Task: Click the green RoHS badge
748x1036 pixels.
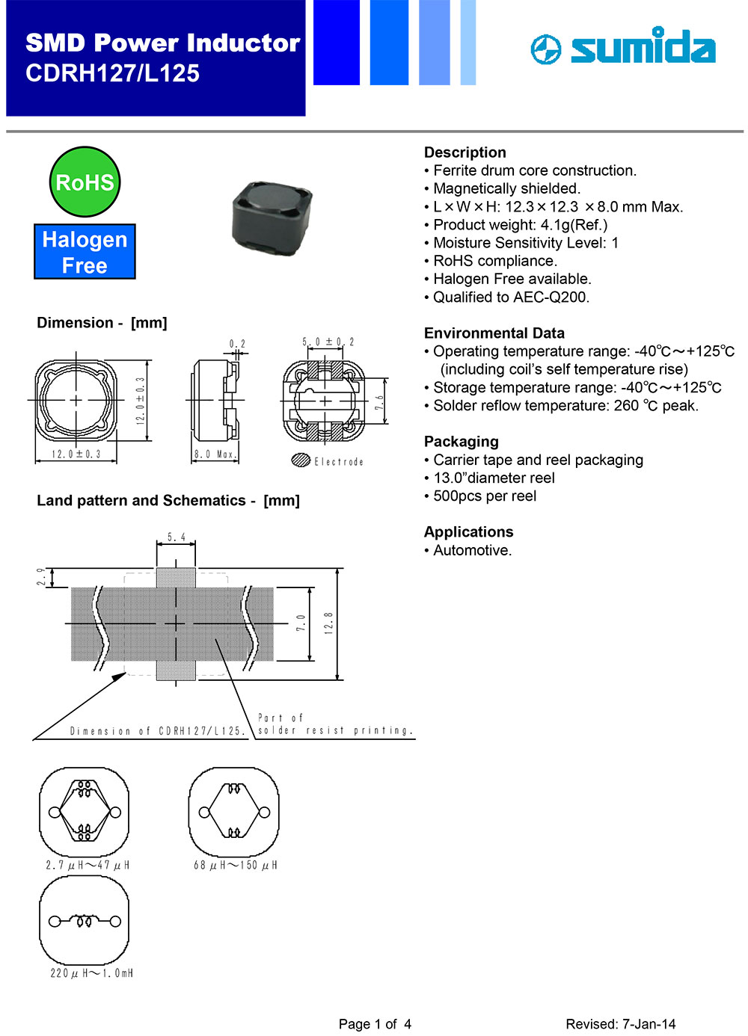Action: [85, 182]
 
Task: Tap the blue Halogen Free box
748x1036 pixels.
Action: [85, 252]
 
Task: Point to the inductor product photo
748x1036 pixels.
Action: [271, 213]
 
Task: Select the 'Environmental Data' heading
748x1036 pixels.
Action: [494, 333]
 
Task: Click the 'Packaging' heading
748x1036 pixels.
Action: [461, 442]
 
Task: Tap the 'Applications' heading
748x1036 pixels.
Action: [468, 532]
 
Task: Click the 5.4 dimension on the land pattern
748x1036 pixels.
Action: [177, 537]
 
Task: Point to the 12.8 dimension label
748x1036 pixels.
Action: [328, 623]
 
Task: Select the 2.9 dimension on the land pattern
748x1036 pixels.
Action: [42, 577]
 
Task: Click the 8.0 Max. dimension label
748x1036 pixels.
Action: [215, 454]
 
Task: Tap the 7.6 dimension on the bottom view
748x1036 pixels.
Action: [379, 402]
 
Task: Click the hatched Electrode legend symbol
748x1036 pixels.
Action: [301, 460]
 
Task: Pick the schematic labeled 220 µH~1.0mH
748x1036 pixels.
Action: [85, 921]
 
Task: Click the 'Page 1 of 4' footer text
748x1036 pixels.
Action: [375, 1024]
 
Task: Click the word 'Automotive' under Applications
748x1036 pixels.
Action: [471, 551]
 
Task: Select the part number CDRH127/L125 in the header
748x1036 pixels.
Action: [113, 73]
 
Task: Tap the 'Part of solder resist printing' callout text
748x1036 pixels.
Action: [334, 724]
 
